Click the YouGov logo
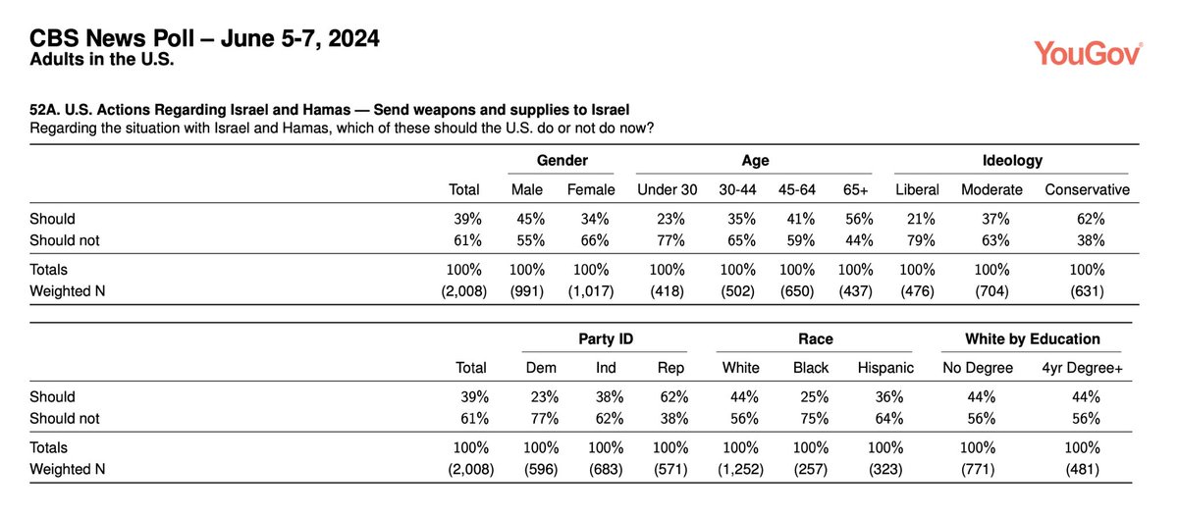1088,53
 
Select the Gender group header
562,160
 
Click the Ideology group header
1012,160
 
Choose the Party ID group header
605,339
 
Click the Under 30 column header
668,189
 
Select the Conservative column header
1087,189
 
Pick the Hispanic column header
885,368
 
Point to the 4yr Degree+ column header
1082,368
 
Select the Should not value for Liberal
923,238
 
